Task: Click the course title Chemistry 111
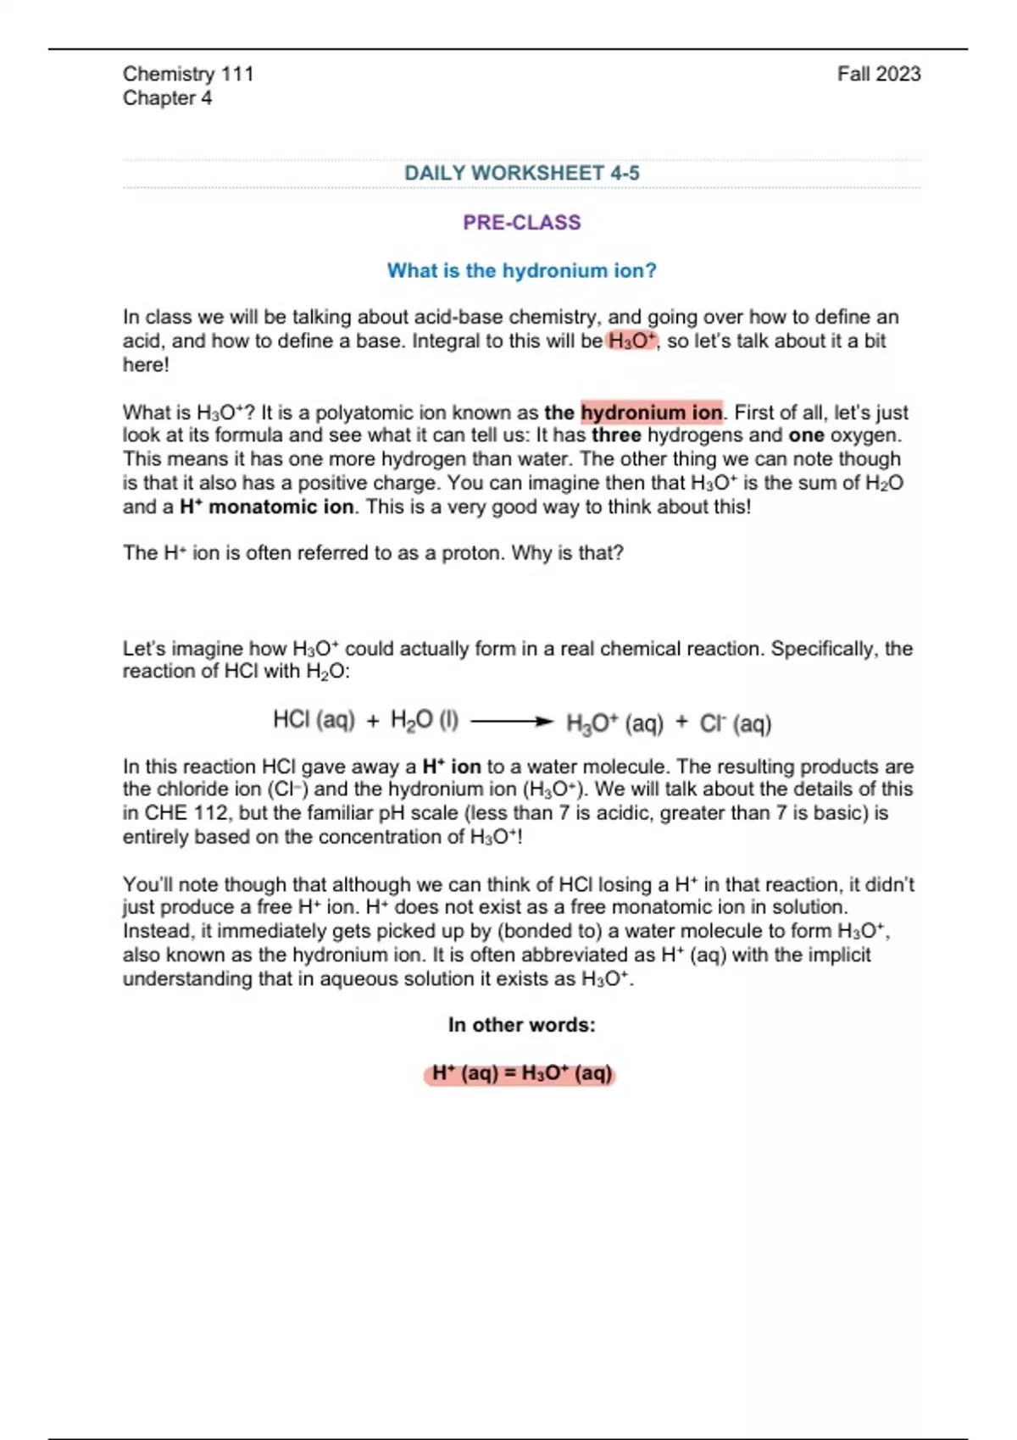click(188, 74)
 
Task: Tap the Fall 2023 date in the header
click(878, 74)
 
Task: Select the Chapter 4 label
click(167, 98)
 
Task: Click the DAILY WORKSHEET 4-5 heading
click(521, 173)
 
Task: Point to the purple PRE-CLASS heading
click(521, 222)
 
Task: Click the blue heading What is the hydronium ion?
click(521, 270)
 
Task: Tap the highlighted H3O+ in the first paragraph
click(632, 341)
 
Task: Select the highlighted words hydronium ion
click(651, 413)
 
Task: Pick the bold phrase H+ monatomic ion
click(267, 507)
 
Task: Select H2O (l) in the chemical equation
click(424, 720)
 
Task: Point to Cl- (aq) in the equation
click(735, 723)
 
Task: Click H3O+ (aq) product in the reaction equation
click(614, 723)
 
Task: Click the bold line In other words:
click(521, 1025)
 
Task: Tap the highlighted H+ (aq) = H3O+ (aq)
click(521, 1073)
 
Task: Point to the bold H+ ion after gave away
click(452, 767)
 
